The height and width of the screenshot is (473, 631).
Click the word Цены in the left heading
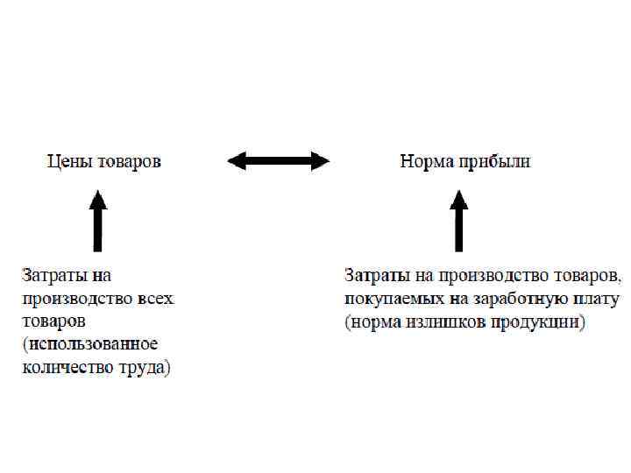click(67, 162)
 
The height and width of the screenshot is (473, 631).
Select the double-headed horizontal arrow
click(278, 160)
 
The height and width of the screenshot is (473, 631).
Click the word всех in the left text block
click(155, 299)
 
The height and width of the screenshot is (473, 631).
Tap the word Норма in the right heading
click(423, 162)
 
